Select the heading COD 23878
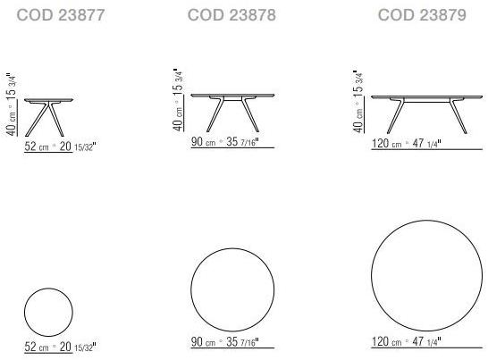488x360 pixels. [231, 15]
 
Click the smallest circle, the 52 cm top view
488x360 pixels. [48, 311]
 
